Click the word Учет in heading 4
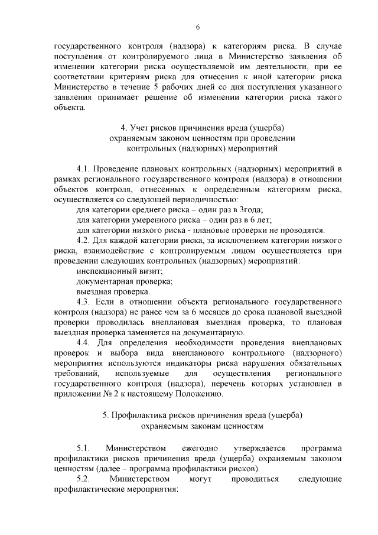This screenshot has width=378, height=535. click(140, 128)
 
